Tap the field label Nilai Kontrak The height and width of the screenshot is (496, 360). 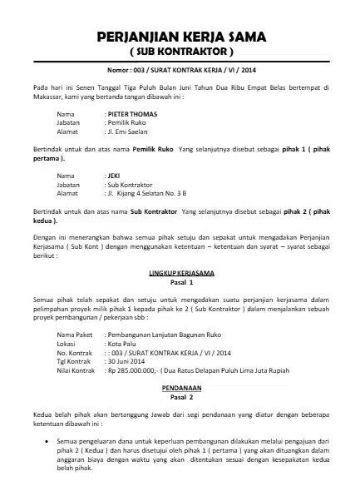coord(75,367)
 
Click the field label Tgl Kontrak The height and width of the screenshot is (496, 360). coord(73,358)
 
